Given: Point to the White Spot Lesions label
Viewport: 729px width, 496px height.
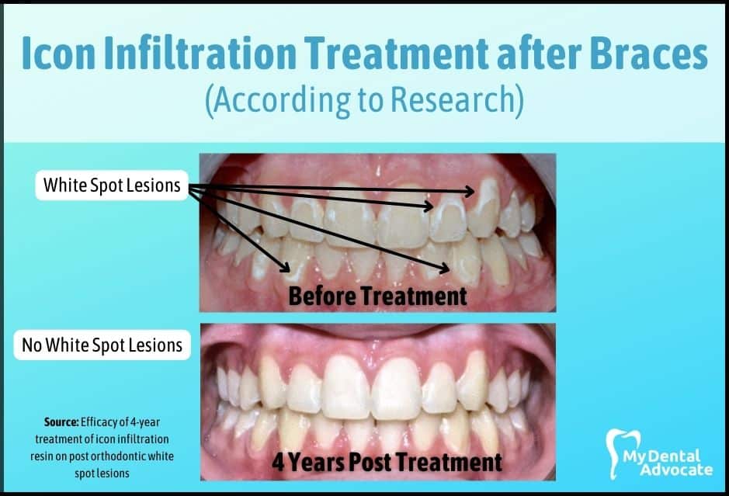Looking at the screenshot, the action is [112, 185].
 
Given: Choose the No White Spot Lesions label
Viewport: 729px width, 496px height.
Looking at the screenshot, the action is [102, 345].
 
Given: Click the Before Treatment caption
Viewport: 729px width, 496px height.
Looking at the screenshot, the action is [377, 296].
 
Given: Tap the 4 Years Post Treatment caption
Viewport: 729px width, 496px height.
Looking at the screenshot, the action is [387, 462].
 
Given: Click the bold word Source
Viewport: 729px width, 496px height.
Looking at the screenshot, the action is [61, 422].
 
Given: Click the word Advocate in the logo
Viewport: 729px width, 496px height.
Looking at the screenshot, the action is [676, 469].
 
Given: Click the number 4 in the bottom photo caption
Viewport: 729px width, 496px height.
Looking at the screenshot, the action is [278, 462].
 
